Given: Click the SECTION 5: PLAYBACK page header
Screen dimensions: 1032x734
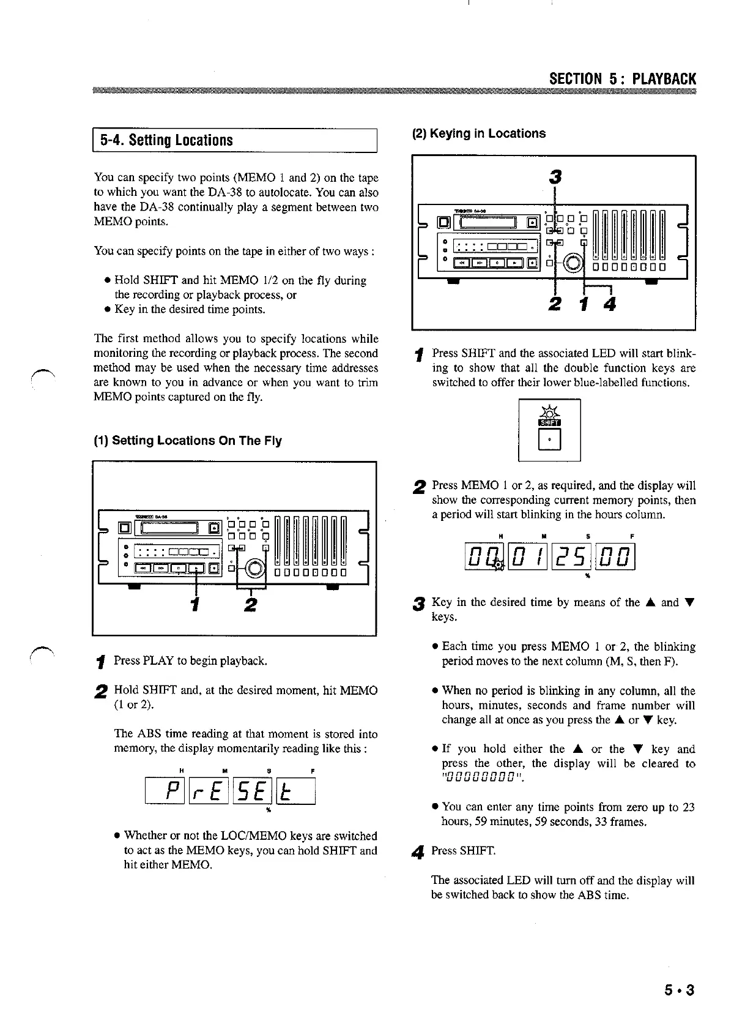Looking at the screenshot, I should (623, 79).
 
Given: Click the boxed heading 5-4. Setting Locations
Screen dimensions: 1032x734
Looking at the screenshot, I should (166, 140).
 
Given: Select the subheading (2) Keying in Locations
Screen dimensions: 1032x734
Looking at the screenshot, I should (479, 133).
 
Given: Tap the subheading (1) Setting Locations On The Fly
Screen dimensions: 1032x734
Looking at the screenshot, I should (188, 441).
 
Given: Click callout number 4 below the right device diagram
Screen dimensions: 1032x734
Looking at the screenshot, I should (609, 304).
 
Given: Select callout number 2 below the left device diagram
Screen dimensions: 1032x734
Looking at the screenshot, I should (250, 605).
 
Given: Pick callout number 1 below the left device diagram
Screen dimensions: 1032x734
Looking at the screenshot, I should (195, 605).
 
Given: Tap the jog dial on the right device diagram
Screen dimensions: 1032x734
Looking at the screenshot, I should (573, 263).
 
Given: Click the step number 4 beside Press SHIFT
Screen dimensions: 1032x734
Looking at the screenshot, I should (419, 851).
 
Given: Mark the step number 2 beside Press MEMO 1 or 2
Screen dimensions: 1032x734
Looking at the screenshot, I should (419, 487).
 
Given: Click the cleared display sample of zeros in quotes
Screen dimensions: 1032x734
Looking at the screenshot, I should (483, 779).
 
